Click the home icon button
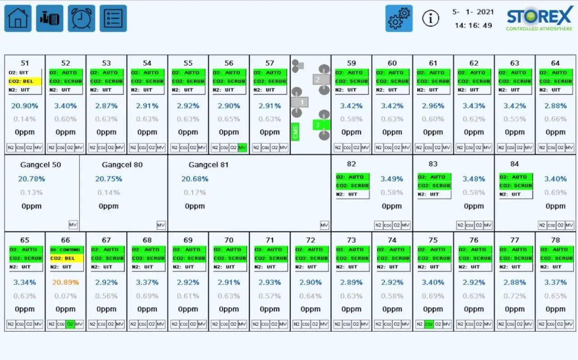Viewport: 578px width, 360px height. pos(18,19)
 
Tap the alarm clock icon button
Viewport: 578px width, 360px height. pos(81,19)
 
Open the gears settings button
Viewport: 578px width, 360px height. pos(399,19)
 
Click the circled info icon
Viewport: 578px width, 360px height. pos(431,19)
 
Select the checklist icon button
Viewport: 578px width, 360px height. pos(113,19)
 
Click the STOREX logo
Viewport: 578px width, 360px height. pos(539,20)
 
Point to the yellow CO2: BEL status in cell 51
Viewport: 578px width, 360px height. pos(25,81)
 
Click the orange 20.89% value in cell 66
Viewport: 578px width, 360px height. pos(65,283)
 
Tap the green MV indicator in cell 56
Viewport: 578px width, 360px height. pos(242,148)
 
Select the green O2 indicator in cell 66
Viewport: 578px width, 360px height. pos(70,324)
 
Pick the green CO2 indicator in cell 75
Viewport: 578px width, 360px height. pos(429,324)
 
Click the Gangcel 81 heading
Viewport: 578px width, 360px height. pos(209,165)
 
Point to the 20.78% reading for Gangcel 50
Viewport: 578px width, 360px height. pos(32,179)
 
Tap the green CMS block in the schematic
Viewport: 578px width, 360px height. pos(296,132)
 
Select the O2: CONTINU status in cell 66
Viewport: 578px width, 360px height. pos(66,250)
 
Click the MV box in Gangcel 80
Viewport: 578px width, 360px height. pos(161,225)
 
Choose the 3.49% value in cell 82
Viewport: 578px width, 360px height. pos(392,179)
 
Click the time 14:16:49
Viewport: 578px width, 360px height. pos(473,26)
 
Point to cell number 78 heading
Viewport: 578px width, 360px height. pos(555,240)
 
